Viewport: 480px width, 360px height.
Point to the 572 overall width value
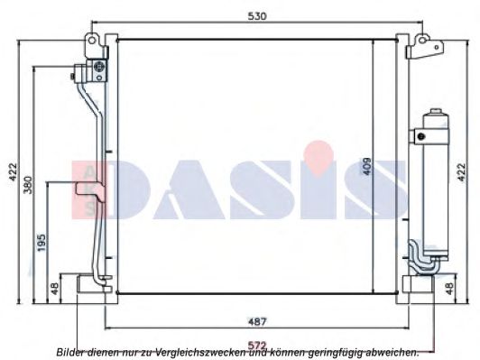coord(259,343)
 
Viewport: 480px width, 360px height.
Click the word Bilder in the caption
coord(72,352)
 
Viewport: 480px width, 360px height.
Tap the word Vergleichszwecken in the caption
coord(189,352)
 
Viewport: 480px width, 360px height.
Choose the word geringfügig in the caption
coord(339,352)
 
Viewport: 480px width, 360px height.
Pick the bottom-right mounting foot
coord(419,284)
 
